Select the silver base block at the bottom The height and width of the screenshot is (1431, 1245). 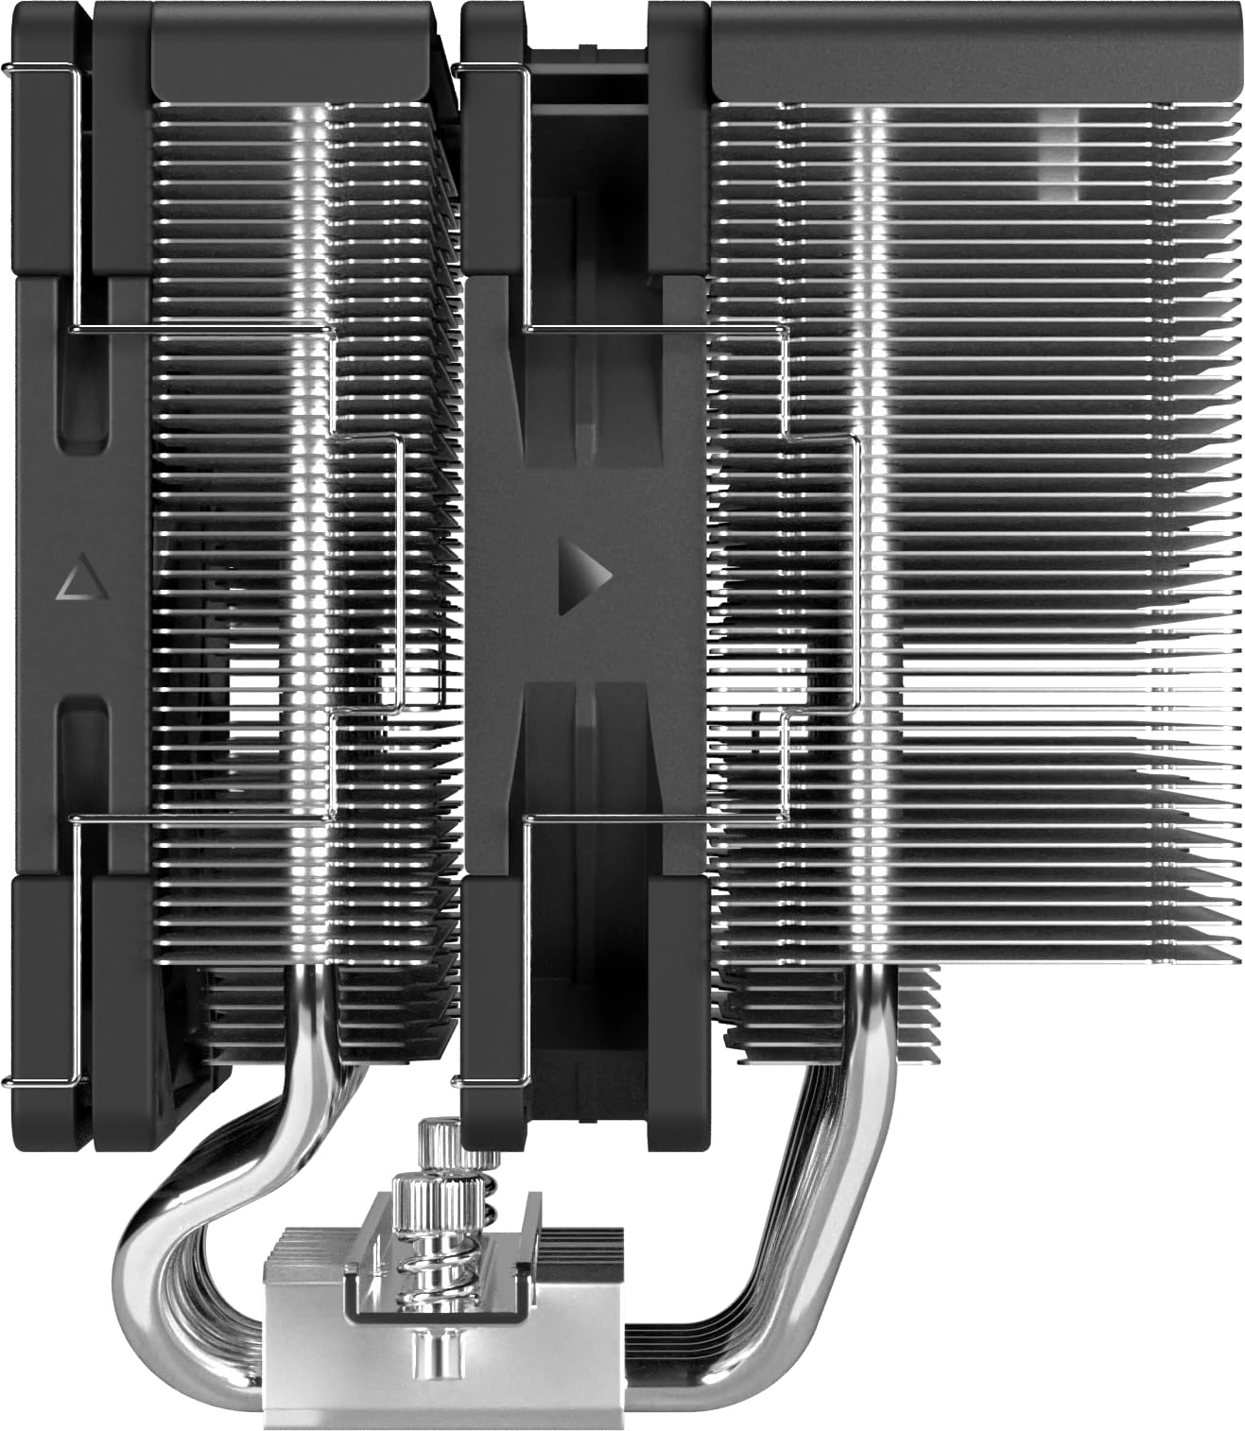click(444, 1361)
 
